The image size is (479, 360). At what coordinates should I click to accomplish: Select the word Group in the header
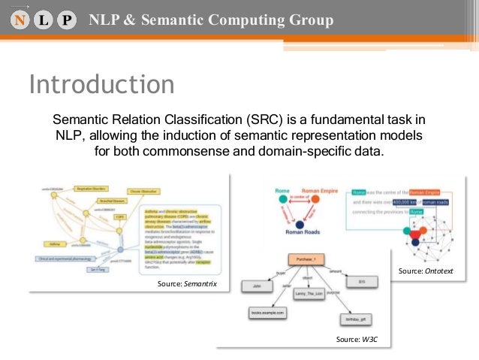tap(309, 20)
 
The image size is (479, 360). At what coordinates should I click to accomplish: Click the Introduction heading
tap(101, 84)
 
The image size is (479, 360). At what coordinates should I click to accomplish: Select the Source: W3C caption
tap(357, 340)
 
